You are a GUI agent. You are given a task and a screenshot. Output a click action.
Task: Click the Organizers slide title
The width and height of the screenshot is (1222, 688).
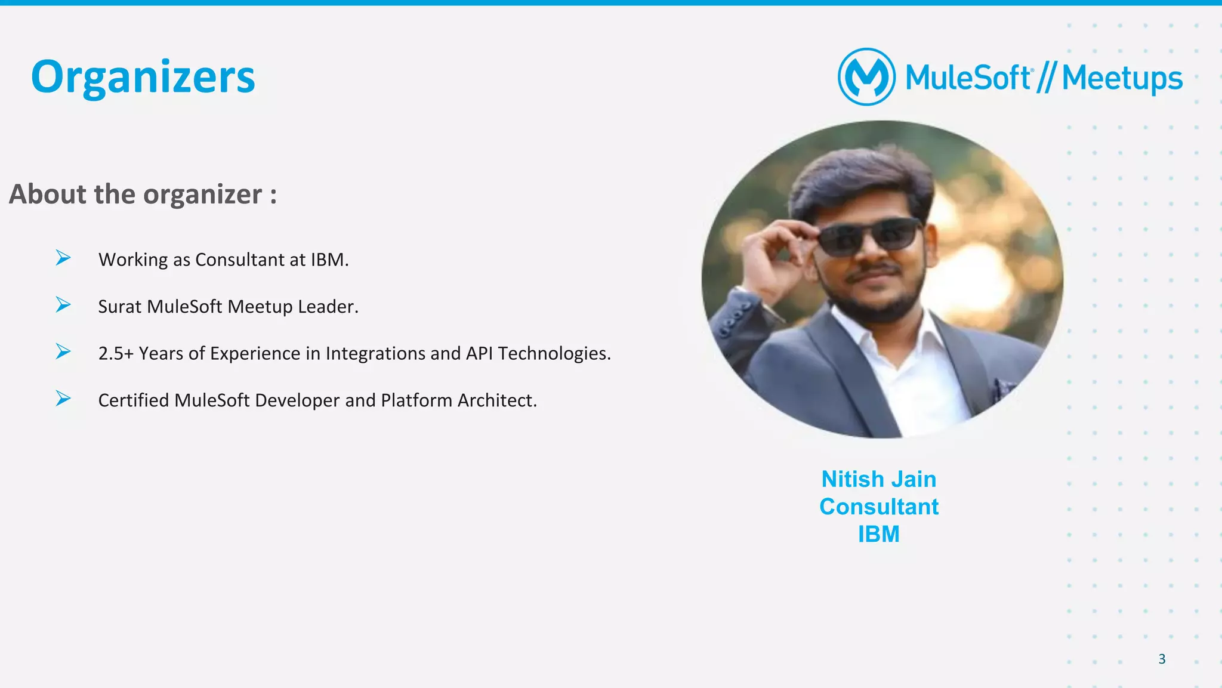(x=143, y=78)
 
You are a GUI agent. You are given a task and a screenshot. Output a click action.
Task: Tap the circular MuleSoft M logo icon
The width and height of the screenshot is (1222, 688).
(x=866, y=77)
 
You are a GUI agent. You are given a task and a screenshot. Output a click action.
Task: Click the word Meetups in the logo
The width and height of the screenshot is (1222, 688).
(x=1122, y=78)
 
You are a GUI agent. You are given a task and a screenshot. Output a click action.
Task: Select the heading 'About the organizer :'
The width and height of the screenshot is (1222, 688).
(x=143, y=194)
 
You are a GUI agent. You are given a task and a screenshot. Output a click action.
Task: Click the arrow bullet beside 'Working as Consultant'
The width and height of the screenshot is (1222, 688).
(x=63, y=258)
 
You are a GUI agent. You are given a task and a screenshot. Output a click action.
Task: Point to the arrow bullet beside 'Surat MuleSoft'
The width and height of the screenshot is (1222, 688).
(x=63, y=305)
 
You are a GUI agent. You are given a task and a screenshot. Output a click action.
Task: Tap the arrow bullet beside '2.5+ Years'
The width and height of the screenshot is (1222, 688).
(x=63, y=351)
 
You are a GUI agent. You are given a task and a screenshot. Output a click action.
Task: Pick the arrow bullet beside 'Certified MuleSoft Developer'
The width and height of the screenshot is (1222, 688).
(x=63, y=398)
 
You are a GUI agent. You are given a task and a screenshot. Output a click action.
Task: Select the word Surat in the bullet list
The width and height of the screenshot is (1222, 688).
(x=119, y=307)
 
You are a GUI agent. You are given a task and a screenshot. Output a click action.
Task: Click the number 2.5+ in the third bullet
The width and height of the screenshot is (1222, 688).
(x=116, y=353)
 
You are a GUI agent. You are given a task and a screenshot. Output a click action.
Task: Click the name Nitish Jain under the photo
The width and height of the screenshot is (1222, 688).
(x=878, y=479)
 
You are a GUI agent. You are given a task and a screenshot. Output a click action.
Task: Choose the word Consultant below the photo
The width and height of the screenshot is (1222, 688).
(x=878, y=507)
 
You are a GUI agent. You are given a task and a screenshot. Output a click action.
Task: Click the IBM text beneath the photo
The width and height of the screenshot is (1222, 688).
(x=878, y=534)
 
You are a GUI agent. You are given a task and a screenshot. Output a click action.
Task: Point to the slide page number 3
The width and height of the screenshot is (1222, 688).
(x=1162, y=659)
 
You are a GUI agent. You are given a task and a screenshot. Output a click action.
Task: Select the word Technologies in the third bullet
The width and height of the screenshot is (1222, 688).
(x=554, y=353)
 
